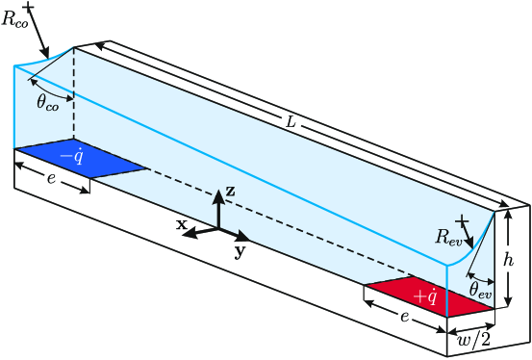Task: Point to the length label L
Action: point(290,121)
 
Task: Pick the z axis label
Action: point(230,193)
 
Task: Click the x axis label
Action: point(180,223)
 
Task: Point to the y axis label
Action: point(239,251)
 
